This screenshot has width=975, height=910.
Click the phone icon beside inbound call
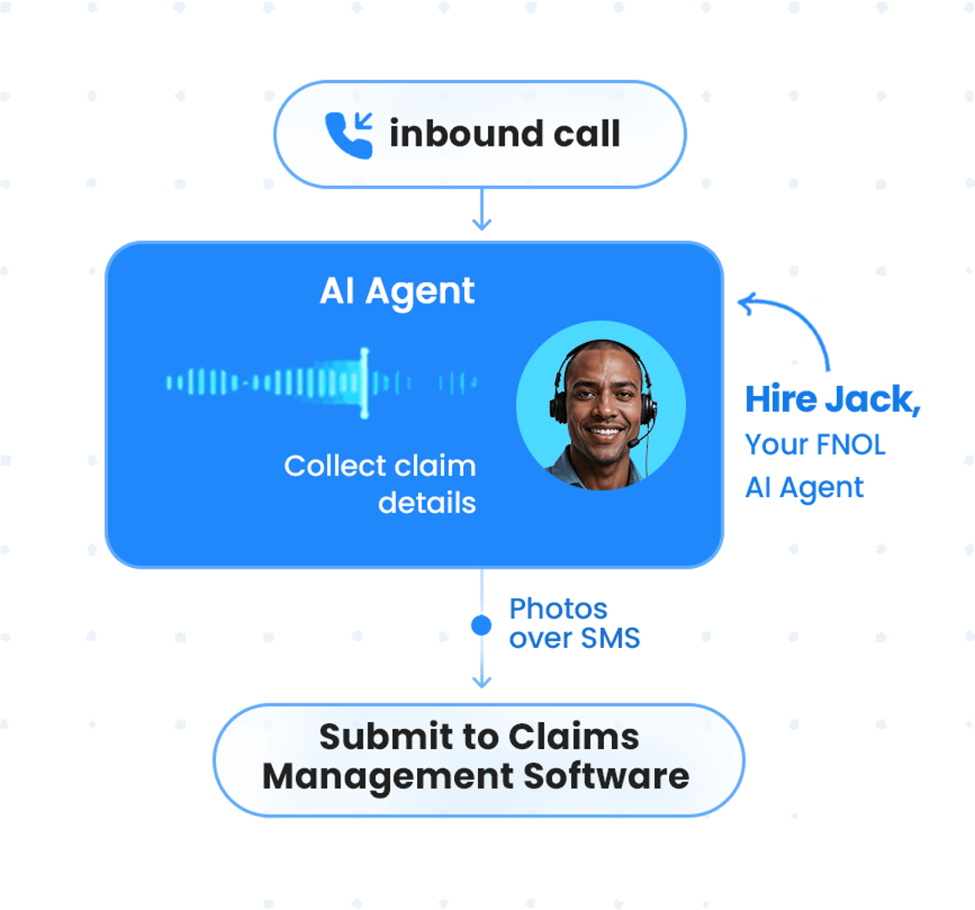(x=349, y=135)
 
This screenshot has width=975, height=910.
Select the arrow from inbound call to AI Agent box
(x=481, y=211)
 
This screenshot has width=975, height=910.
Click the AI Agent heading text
(x=397, y=292)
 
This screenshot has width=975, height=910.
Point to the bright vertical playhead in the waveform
(x=364, y=383)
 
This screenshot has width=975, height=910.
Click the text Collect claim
(x=379, y=466)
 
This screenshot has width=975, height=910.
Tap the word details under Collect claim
(x=426, y=503)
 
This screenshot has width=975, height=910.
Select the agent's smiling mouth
(x=605, y=432)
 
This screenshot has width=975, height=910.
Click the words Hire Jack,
(x=831, y=399)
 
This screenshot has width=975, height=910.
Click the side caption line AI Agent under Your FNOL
(x=804, y=487)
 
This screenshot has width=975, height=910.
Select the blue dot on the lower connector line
(x=481, y=625)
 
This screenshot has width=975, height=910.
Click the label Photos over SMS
(x=573, y=624)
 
